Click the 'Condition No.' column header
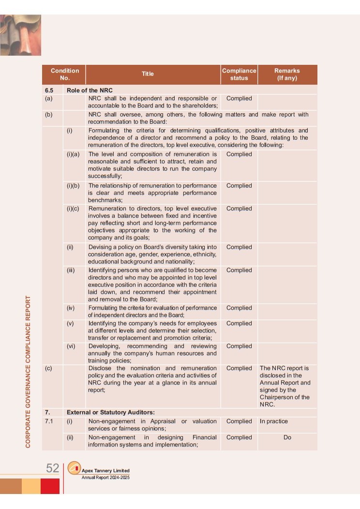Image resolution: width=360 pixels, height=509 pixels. [x=64, y=75]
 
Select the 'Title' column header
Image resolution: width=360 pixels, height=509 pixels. [x=148, y=74]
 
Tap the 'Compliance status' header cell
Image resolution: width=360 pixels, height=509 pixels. [x=239, y=75]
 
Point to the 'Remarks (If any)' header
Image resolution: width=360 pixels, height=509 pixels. [x=287, y=75]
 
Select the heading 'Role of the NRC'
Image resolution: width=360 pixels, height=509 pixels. [x=90, y=90]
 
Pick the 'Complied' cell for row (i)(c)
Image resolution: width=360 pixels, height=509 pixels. [x=239, y=209]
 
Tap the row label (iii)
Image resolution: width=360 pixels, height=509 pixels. [x=71, y=270]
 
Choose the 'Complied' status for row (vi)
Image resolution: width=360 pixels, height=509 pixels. [x=239, y=346]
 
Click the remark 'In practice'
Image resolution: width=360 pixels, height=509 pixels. [x=273, y=421]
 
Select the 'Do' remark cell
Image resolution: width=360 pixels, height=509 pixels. [x=287, y=437]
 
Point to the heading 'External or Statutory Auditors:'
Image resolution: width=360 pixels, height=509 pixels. [x=110, y=412]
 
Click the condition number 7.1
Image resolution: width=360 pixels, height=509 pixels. [x=49, y=421]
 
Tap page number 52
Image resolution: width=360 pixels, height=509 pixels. [x=52, y=468]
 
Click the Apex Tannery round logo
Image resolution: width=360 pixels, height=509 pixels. [x=74, y=468]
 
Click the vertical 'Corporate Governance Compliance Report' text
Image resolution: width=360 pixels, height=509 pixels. [x=28, y=371]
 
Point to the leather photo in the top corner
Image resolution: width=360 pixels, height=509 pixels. [x=20, y=35]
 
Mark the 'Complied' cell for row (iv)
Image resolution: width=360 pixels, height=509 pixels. [x=239, y=308]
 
